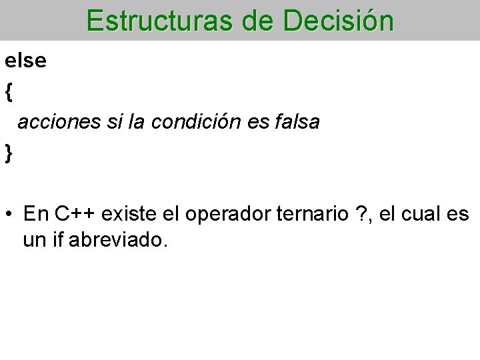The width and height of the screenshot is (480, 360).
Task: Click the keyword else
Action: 26,61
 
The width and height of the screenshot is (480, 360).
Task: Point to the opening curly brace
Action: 9,91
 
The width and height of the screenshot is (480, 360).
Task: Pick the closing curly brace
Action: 9,153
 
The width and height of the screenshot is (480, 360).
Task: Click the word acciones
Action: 55,122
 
